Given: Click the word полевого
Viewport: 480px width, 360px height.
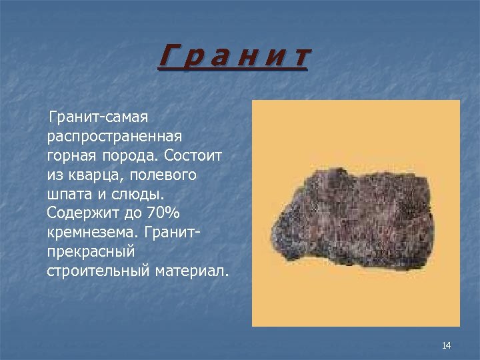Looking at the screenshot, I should [x=165, y=175].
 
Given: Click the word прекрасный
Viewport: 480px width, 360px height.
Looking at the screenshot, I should [x=91, y=252].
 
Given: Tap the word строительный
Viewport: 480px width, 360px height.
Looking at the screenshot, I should [x=99, y=271].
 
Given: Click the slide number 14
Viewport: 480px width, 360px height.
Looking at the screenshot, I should [x=446, y=345].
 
